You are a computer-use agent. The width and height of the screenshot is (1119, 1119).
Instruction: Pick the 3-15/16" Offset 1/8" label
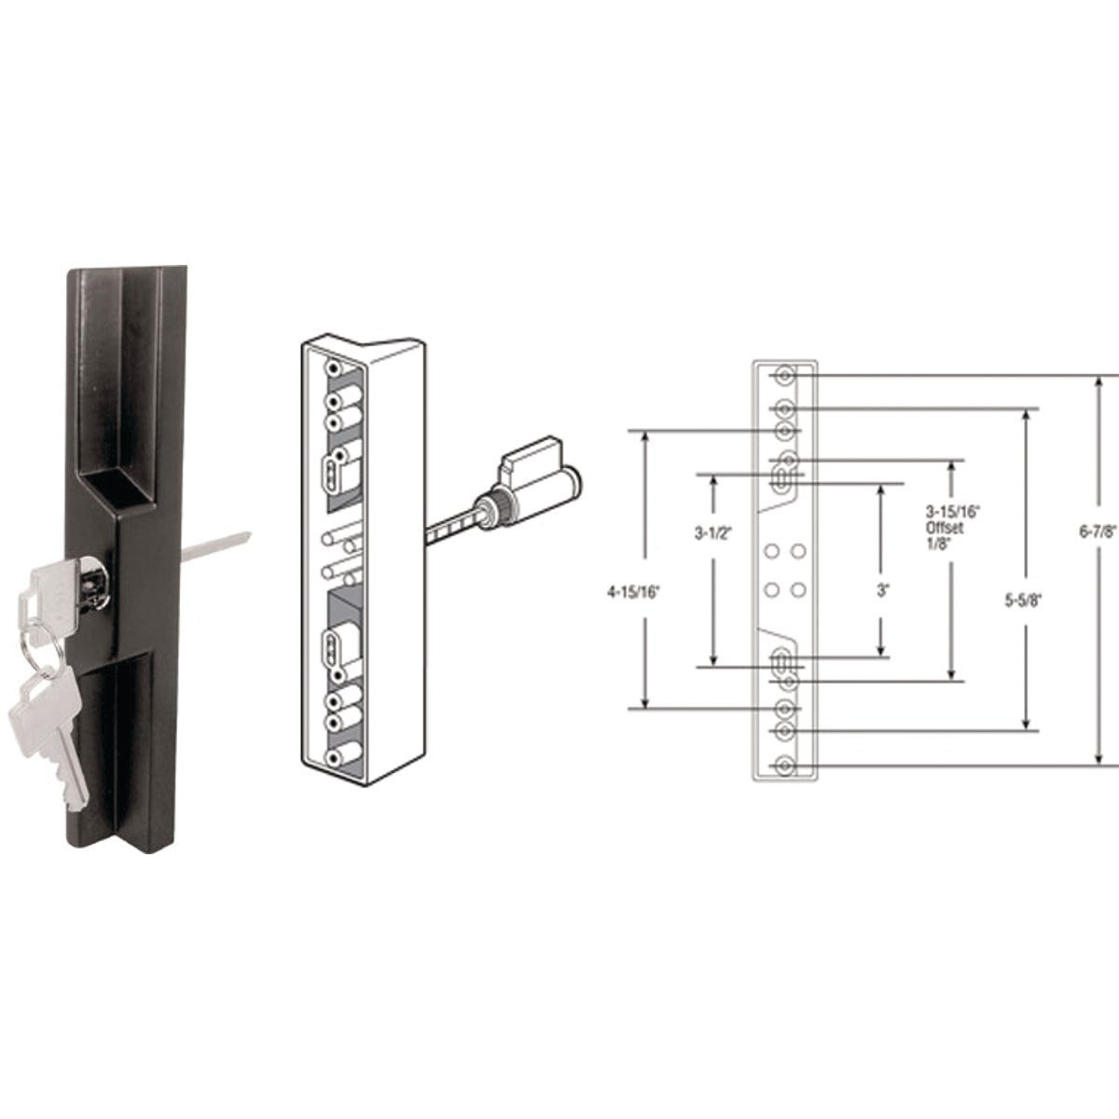click(944, 529)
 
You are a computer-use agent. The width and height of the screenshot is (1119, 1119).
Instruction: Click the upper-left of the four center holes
click(771, 553)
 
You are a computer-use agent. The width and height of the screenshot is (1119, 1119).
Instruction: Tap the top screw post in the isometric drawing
click(330, 370)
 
